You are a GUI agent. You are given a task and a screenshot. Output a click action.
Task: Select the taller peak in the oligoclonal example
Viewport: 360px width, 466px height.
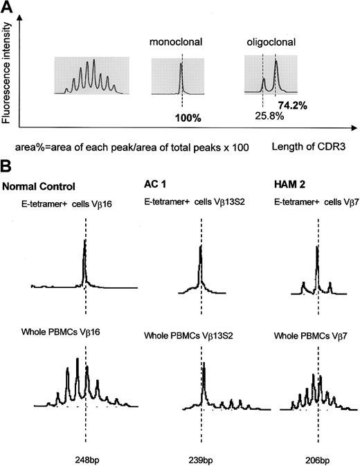click(276, 64)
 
